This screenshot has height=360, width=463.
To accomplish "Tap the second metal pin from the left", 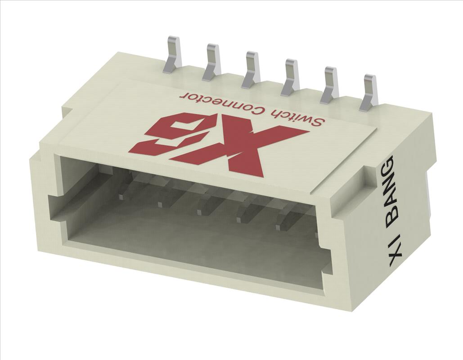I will point(212,62).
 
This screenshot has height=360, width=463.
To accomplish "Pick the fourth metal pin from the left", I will point(291,76).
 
